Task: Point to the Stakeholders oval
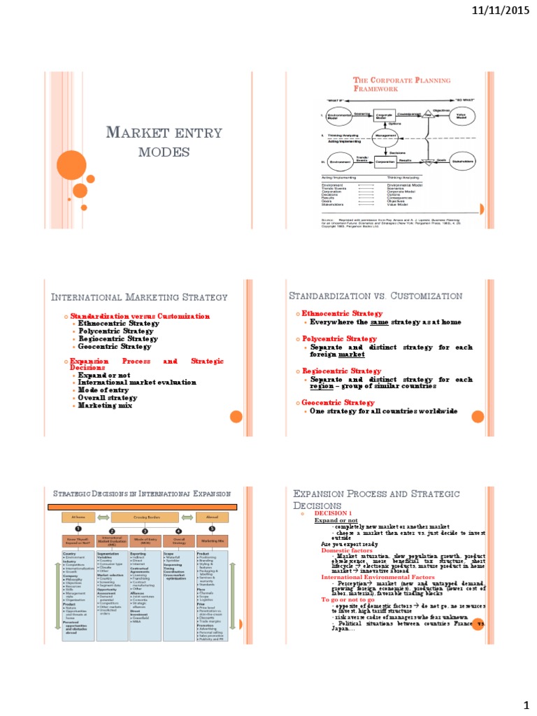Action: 461,162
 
